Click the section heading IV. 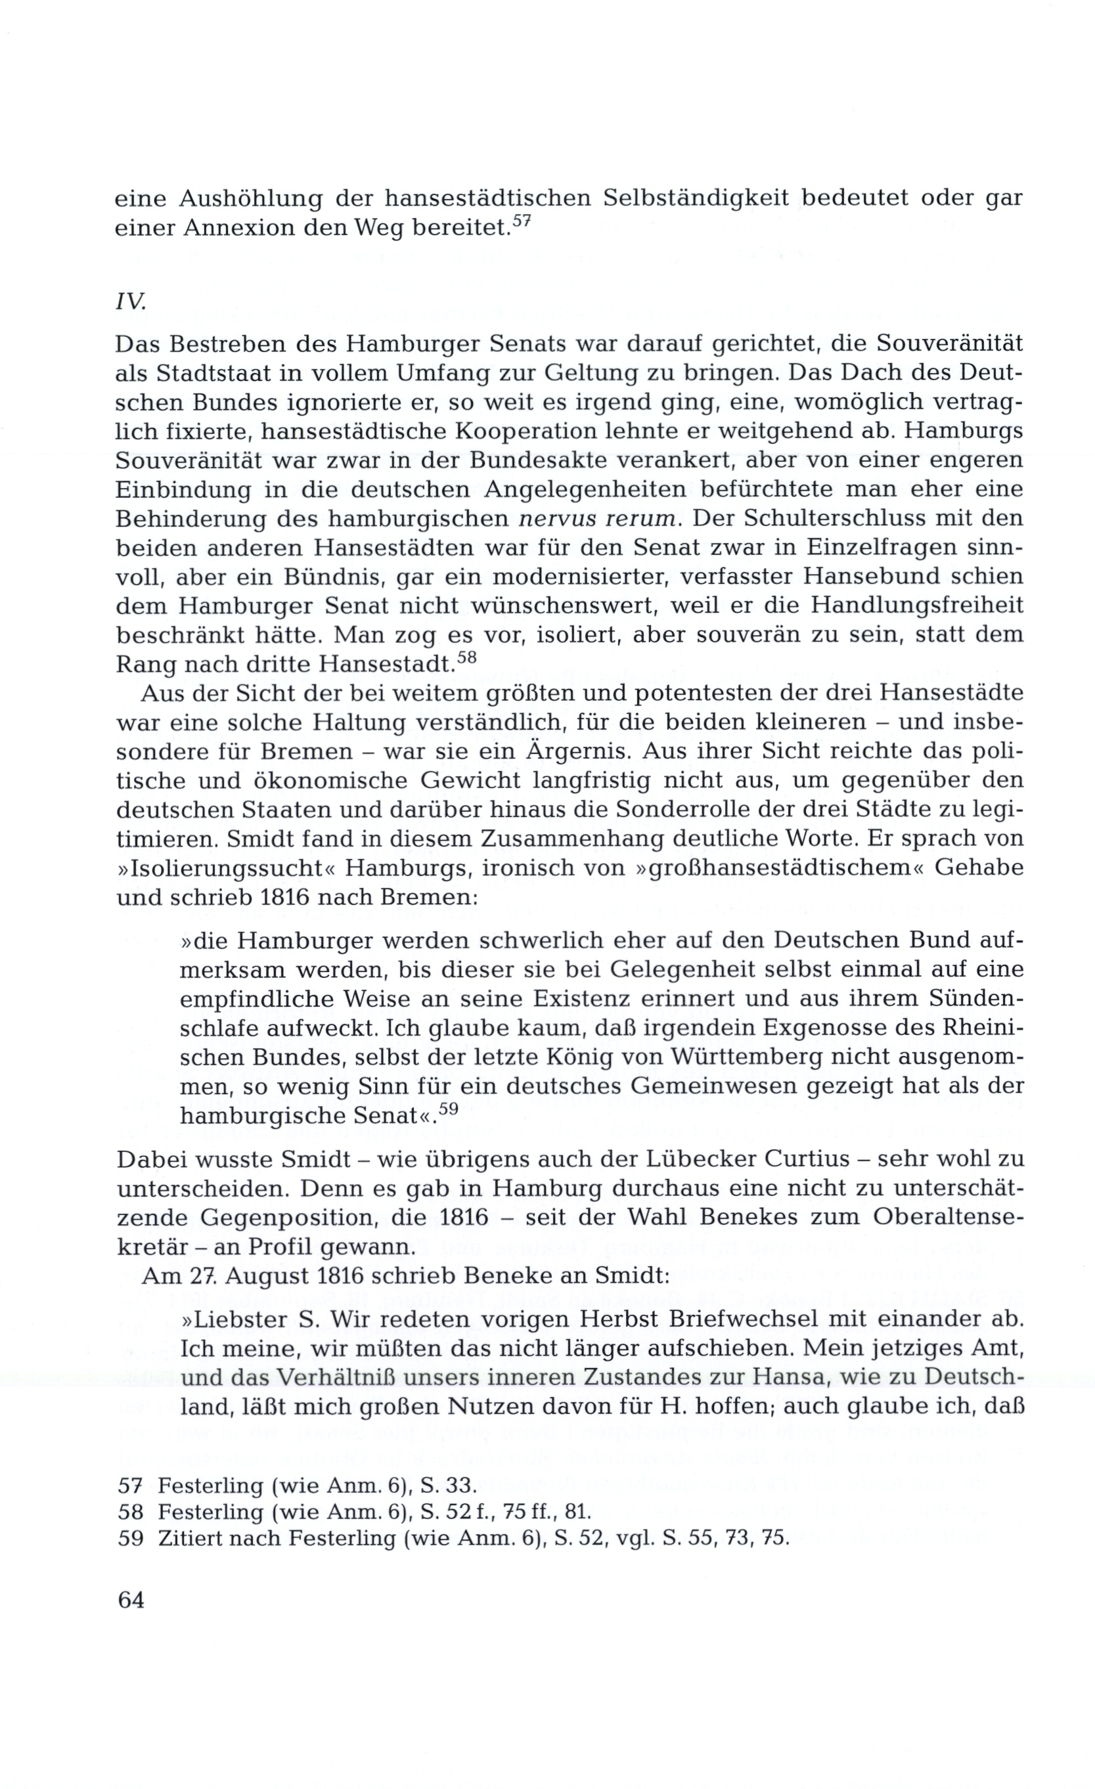pos(131,302)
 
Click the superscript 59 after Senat pos(449,1108)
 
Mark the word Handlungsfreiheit pos(916,606)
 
